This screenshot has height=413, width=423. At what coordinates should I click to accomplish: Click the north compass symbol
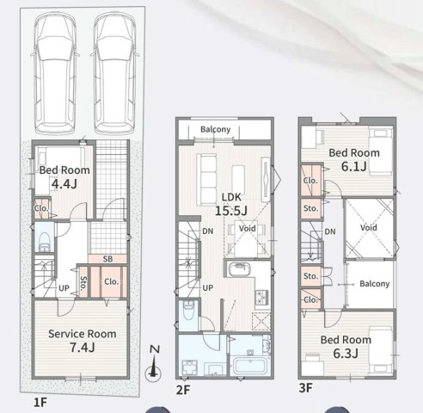tap(153, 364)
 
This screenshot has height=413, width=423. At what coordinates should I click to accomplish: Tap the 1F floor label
tap(40, 403)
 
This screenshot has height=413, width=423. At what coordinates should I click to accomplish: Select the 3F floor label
tap(305, 388)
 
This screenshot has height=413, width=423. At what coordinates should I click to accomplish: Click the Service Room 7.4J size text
tap(83, 348)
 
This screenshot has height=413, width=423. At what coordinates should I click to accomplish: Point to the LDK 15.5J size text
tap(231, 211)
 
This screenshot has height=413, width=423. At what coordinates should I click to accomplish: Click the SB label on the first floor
tap(107, 259)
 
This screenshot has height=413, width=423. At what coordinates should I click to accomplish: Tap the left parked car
tap(55, 73)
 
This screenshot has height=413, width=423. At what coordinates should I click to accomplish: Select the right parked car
tap(114, 73)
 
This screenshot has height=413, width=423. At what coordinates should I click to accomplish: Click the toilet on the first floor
tap(45, 242)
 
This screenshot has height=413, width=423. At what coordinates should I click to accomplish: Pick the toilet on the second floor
tap(188, 311)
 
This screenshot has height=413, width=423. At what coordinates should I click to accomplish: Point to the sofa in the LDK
tap(206, 180)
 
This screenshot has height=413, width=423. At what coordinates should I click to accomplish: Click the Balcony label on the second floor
tap(215, 129)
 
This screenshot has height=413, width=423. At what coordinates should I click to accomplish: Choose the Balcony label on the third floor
tap(375, 284)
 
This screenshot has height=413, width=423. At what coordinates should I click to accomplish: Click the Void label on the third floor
tap(369, 228)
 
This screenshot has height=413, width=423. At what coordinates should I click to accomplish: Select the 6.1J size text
tap(354, 166)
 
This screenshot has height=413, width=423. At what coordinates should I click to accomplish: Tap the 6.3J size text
tap(346, 354)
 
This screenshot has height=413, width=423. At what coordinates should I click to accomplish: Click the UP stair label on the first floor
tap(64, 288)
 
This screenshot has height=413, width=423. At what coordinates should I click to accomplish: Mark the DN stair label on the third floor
tap(330, 231)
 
